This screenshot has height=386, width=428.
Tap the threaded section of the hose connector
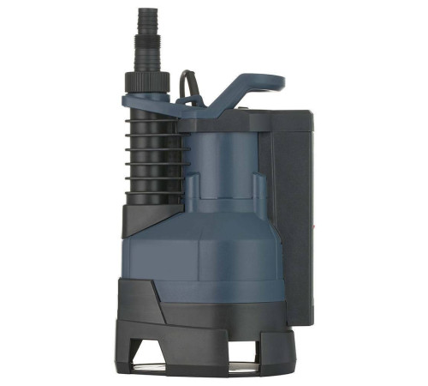tap(145, 47)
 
